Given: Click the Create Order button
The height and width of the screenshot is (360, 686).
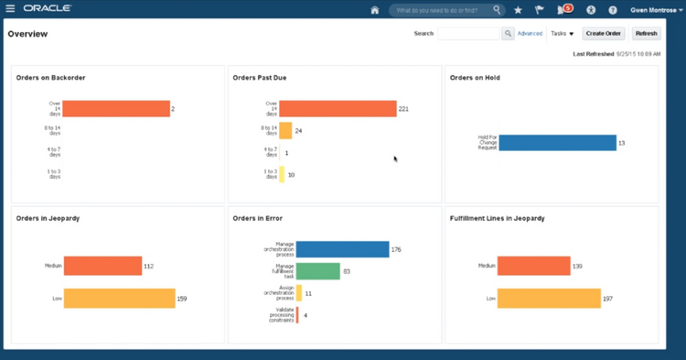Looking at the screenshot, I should [604, 34].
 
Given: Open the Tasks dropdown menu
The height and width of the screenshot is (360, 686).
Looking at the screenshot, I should [562, 34].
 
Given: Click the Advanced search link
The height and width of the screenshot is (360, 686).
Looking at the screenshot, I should [530, 34].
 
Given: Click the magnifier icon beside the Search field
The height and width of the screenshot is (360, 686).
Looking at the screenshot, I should [508, 34].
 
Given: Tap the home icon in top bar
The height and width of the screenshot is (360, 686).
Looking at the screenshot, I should [374, 10].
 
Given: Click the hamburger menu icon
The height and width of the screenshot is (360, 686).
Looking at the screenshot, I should [11, 9].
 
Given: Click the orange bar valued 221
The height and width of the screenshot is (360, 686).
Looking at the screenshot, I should [338, 109].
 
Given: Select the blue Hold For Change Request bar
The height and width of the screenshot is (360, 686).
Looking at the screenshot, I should [557, 143].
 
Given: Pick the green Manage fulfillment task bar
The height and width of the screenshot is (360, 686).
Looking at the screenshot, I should [317, 271].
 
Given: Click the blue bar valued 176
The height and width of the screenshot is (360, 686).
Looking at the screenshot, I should [342, 249].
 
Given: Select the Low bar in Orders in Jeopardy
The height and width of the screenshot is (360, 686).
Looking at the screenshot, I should [119, 299].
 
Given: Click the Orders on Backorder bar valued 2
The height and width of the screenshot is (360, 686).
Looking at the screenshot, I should [116, 109].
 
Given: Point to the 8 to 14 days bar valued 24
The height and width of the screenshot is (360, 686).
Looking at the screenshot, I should [285, 131].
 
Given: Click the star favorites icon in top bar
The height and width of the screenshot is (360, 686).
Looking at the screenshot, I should [519, 10].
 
